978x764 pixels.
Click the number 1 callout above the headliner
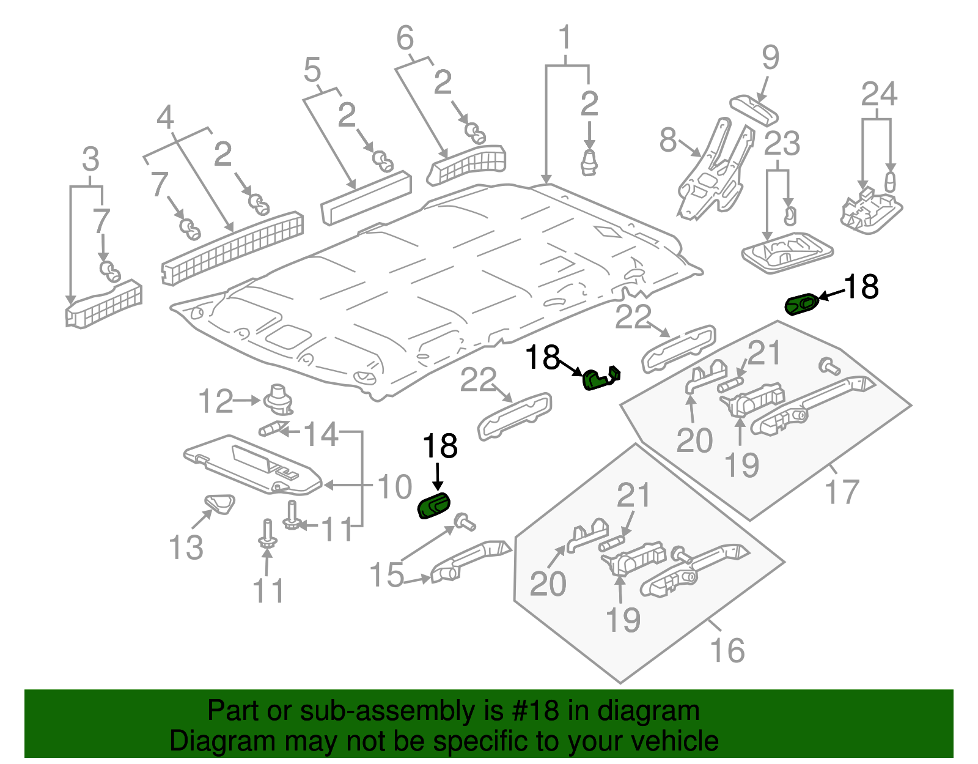click(565, 38)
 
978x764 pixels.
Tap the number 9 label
click(770, 57)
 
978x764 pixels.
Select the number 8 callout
click(668, 140)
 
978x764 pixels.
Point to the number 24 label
click(879, 95)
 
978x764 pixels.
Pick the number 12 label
click(216, 401)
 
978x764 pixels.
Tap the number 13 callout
click(186, 547)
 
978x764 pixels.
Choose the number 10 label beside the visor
click(394, 487)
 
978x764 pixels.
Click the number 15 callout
click(386, 576)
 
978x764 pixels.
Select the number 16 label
click(727, 650)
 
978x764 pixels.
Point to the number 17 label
click(842, 492)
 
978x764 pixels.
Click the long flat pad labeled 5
click(366, 198)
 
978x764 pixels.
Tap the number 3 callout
click(90, 160)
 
